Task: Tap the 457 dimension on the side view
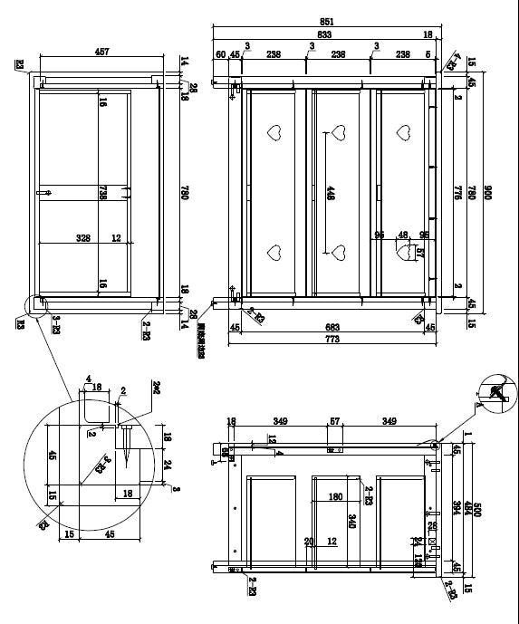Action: [x=101, y=53]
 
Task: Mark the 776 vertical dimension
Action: [x=458, y=192]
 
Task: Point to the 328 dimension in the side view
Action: [x=83, y=238]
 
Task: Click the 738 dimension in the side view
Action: [x=103, y=192]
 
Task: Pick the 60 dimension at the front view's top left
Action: [x=220, y=55]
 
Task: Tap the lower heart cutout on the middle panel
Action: [x=340, y=251]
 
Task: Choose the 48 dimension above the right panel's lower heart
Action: [x=403, y=235]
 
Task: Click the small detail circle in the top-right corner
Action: [x=496, y=390]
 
